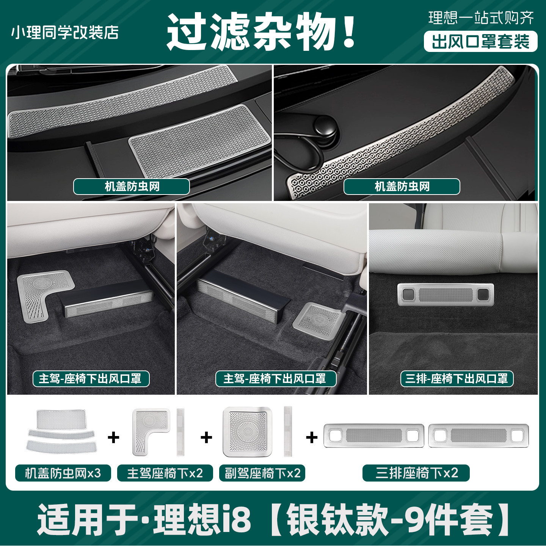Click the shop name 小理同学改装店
point(65,33)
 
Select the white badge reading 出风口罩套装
point(480,41)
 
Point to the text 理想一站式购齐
point(481,18)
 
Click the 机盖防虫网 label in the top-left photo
point(132,187)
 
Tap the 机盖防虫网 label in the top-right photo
point(402,187)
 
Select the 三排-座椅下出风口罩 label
point(457,378)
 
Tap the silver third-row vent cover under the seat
point(445,294)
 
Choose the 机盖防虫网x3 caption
point(63,473)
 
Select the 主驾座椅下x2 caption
point(165,473)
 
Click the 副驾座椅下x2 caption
point(262,473)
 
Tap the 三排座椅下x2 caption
point(416,473)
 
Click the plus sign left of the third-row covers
point(312,438)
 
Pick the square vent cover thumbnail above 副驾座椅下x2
point(247,431)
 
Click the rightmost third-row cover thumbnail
point(478,436)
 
